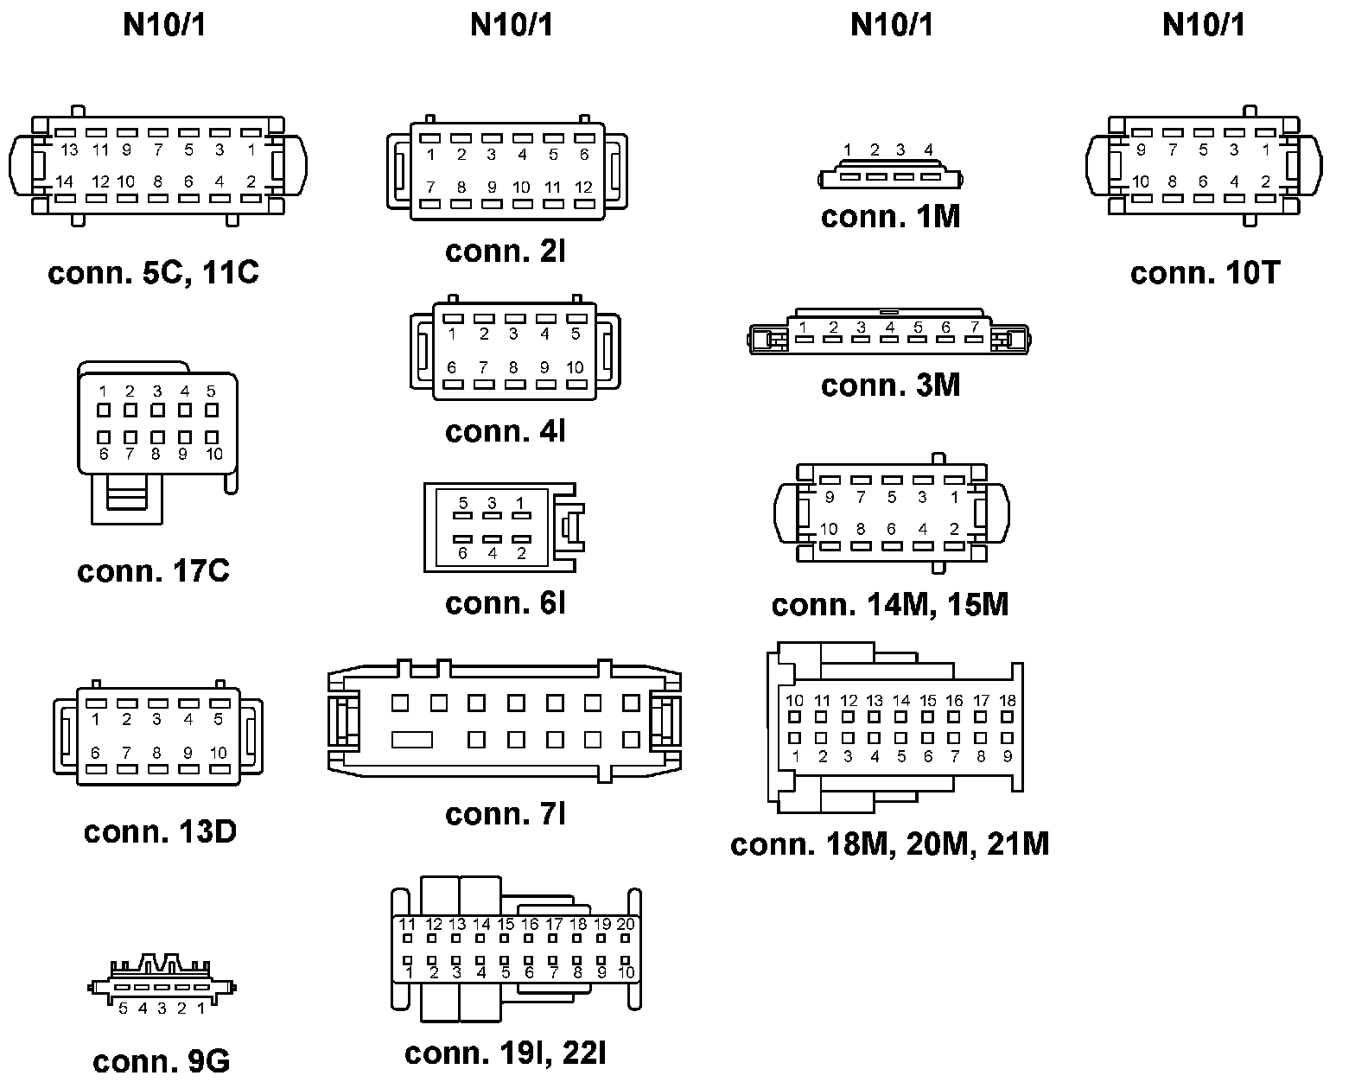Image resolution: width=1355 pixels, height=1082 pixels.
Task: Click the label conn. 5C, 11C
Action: [x=154, y=273]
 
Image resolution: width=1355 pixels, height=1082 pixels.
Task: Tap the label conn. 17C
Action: [x=154, y=571]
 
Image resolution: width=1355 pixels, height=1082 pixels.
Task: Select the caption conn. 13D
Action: [x=160, y=831]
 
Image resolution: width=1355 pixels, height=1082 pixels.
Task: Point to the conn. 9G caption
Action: [x=161, y=1060]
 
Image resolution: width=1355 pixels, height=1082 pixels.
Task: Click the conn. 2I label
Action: [x=506, y=251]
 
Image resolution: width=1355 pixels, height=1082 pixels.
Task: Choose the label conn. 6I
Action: [x=506, y=603]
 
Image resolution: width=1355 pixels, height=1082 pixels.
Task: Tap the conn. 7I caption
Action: [x=506, y=813]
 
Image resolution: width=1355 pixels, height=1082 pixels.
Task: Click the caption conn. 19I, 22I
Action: [x=506, y=1053]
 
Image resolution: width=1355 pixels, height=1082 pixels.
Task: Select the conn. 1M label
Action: [x=891, y=216]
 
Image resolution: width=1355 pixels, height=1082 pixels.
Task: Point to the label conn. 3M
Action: [x=891, y=385]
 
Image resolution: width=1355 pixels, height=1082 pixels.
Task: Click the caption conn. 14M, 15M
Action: [x=890, y=604]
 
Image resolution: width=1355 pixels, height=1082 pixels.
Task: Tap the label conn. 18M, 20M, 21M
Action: [x=890, y=843]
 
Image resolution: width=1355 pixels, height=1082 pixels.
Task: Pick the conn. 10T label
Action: [x=1205, y=273]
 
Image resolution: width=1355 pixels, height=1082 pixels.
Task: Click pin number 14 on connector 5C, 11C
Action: [x=64, y=181]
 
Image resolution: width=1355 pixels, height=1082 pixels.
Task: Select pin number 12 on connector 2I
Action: [x=584, y=187]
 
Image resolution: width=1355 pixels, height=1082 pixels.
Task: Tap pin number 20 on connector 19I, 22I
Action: [x=626, y=924]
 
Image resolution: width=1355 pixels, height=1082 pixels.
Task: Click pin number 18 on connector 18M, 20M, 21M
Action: [x=1008, y=701]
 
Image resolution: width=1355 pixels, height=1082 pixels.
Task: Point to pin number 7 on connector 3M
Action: [x=974, y=327]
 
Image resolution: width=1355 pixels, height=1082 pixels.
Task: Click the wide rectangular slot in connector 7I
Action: [x=411, y=740]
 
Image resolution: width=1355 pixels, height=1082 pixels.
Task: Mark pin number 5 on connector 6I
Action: [x=463, y=503]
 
